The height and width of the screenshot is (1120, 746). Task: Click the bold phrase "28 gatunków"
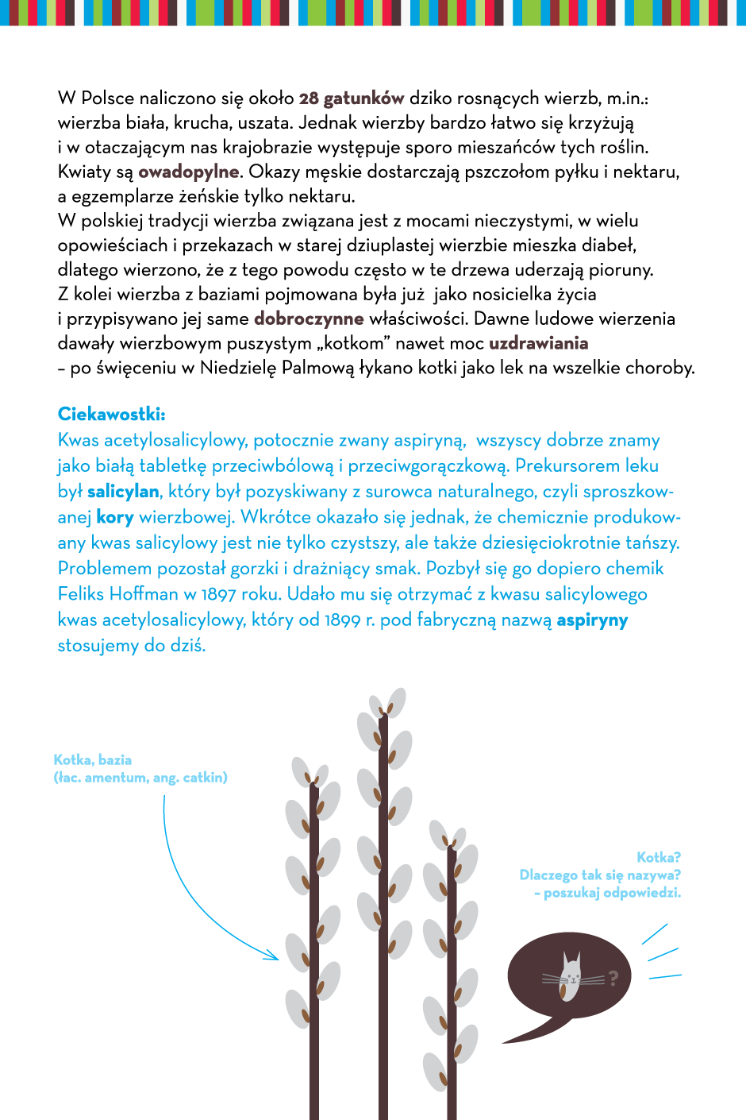click(352, 98)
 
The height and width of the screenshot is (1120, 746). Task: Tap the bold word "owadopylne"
click(188, 172)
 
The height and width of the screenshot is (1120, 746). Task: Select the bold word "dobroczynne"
click(309, 319)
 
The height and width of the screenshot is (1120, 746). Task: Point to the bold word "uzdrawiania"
click(538, 343)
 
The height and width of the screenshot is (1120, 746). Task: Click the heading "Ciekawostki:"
click(111, 414)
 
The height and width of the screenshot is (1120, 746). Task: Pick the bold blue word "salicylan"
click(123, 492)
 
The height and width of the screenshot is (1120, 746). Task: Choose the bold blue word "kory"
click(115, 517)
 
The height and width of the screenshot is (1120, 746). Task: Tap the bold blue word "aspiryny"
click(592, 620)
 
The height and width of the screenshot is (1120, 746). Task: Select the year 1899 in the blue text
click(342, 620)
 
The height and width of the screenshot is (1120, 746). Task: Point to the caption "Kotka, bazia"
click(93, 760)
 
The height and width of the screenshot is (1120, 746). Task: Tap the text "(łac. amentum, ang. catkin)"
click(140, 778)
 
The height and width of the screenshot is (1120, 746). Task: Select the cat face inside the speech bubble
click(571, 976)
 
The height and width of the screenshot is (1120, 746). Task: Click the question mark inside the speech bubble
click(613, 978)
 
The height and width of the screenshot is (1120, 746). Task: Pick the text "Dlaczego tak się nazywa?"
click(600, 875)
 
